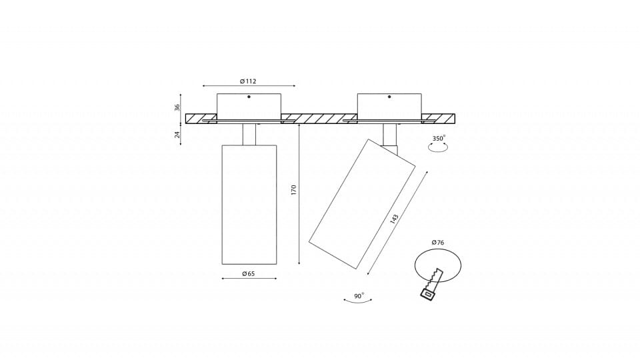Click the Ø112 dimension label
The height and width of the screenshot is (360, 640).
pos(248,81)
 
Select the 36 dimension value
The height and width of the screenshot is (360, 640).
pos(177,107)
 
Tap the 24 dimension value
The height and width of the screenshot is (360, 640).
pos(177,134)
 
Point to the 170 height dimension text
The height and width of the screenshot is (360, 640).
pos(294,190)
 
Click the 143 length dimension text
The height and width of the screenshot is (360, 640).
pos(394,219)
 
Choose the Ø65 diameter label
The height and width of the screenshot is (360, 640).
pos(248,273)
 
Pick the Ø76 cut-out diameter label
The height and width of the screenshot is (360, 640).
pos(437,243)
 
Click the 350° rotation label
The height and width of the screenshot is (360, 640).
pos(439,138)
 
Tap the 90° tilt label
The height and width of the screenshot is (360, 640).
pos(359,296)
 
